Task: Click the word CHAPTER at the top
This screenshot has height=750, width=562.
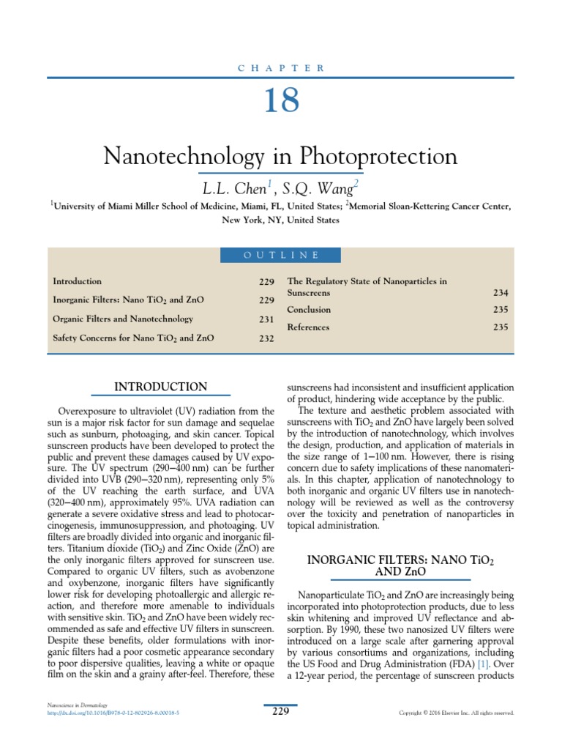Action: [280, 68]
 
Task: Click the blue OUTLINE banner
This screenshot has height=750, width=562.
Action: [280, 255]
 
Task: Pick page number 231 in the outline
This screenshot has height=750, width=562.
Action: [266, 319]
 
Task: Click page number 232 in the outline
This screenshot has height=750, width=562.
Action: [266, 338]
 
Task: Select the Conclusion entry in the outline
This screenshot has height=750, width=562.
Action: [309, 310]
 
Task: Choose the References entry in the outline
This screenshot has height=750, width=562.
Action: [308, 327]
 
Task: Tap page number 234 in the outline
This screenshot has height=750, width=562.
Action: [501, 292]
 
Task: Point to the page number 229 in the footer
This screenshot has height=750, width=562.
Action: [280, 711]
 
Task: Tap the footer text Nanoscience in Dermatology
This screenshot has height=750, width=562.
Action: [78, 705]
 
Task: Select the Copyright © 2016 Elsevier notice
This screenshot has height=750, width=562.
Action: [456, 713]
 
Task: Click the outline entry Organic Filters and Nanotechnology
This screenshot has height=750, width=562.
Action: [123, 319]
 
